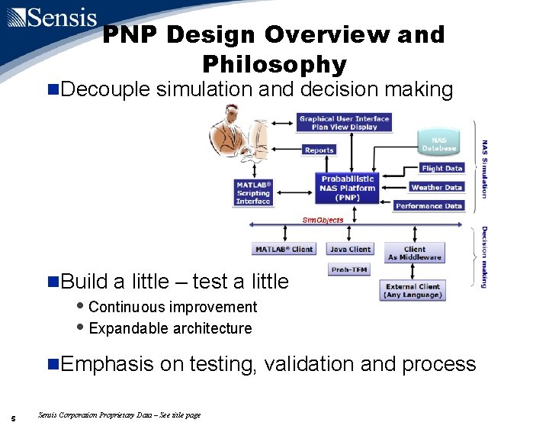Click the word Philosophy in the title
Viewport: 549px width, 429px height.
click(274, 64)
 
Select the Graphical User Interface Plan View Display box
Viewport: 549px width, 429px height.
click(343, 123)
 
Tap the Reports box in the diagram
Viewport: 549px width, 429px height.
click(319, 150)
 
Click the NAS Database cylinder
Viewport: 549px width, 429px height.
click(439, 144)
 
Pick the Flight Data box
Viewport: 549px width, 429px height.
click(441, 169)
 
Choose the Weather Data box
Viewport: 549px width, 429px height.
click(436, 187)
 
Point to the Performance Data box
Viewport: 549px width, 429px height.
click(429, 206)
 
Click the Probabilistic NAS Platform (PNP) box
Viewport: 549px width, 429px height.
click(348, 189)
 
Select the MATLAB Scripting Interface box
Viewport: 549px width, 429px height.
click(253, 193)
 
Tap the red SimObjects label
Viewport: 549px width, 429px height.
click(323, 221)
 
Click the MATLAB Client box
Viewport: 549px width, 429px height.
click(284, 250)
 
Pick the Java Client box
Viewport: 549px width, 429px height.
click(349, 250)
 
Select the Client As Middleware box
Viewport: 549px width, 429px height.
click(414, 253)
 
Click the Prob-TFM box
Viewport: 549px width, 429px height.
click(349, 270)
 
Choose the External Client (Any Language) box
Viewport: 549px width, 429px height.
click(412, 291)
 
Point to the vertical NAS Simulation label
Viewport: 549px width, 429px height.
click(485, 169)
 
